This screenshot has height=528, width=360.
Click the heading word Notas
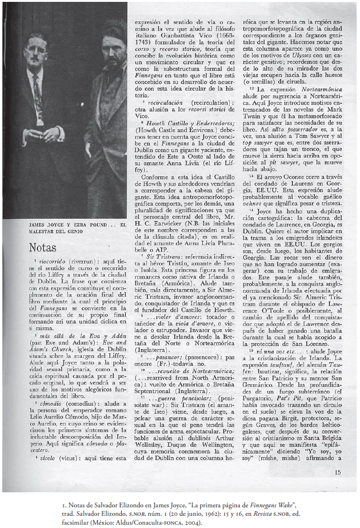tap(43, 247)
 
